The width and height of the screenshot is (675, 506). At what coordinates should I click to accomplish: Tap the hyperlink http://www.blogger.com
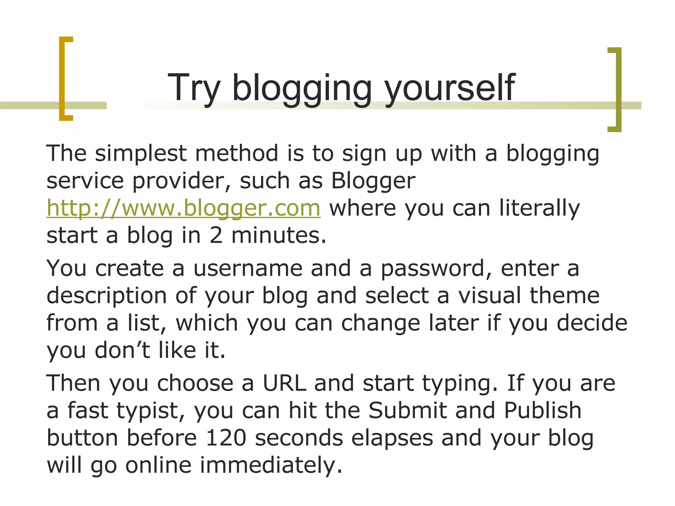click(183, 208)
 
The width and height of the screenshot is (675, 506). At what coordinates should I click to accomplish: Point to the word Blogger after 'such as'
click(373, 181)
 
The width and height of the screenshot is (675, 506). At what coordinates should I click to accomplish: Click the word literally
click(539, 208)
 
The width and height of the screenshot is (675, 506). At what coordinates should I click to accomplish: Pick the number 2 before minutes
click(216, 236)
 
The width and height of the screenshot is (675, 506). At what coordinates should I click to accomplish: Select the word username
click(248, 268)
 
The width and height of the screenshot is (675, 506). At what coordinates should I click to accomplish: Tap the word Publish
click(543, 410)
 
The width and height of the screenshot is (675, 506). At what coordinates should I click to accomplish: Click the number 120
click(226, 438)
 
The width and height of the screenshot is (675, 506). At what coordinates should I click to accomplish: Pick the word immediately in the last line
click(271, 465)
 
